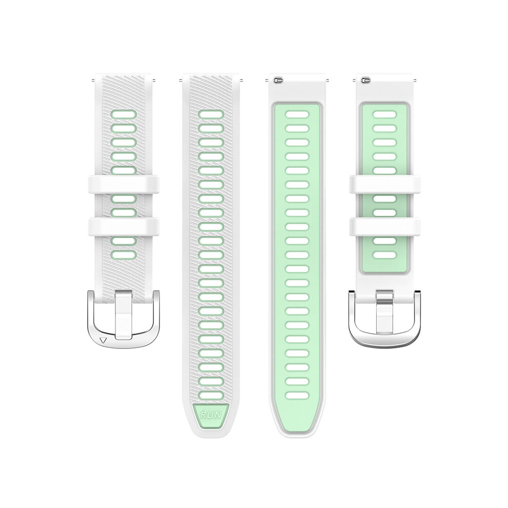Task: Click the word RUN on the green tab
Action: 211,415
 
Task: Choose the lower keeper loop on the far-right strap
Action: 385,227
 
